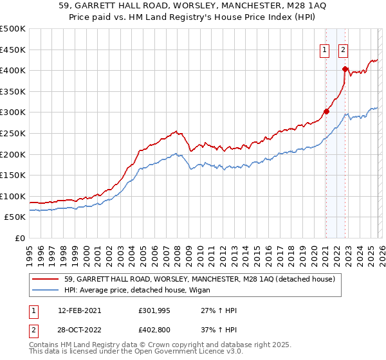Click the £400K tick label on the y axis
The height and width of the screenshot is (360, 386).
tap(13, 70)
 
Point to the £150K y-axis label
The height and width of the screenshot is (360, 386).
tap(13, 175)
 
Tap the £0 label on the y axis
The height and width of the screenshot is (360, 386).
tap(19, 238)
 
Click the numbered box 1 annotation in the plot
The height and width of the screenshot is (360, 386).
tap(324, 50)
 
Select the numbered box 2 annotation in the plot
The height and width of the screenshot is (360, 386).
tap(344, 50)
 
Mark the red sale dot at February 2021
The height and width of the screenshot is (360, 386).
tap(326, 111)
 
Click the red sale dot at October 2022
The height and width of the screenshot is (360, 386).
tap(345, 69)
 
